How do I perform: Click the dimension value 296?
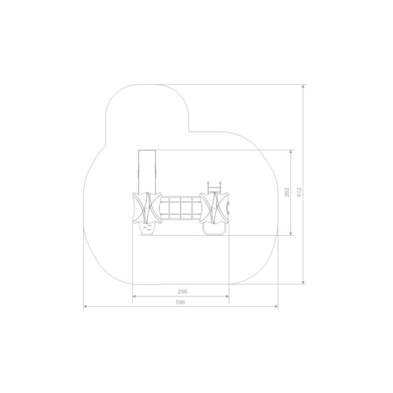183,292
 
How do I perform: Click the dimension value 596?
180,302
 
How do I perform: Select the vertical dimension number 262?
287,192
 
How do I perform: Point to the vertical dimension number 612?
300,192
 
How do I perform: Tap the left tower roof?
147,208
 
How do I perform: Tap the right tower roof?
214,208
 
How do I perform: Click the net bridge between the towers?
181,208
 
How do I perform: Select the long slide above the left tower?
147,171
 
